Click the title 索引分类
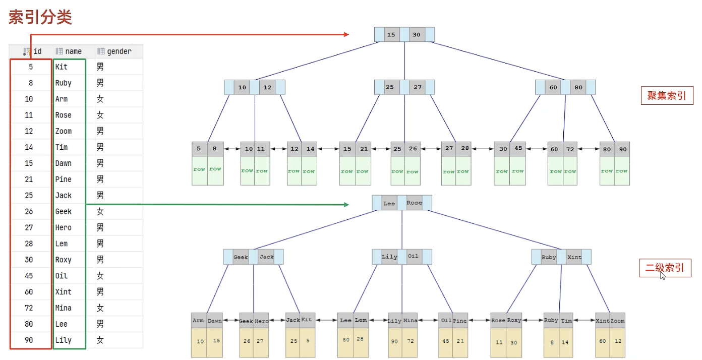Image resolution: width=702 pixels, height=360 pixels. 40,18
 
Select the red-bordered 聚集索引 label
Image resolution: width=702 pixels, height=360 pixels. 667,95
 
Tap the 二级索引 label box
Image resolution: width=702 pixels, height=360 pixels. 665,268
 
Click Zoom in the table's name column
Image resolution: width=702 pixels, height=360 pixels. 64,131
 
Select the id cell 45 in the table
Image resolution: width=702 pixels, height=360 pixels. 29,276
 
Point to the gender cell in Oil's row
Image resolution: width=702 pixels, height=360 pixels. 100,276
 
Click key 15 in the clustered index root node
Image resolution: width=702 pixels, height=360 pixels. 391,35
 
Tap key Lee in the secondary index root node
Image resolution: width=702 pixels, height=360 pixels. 389,203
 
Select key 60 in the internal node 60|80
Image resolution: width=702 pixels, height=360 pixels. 553,87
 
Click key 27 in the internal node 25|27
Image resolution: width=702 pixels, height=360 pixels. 418,87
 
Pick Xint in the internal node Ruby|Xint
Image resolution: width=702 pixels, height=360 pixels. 574,257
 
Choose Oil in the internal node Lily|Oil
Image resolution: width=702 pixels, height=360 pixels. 413,257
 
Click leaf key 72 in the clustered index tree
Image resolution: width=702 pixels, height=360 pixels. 570,149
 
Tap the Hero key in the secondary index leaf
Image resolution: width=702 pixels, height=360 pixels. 261,321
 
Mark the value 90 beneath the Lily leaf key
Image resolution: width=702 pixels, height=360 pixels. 394,341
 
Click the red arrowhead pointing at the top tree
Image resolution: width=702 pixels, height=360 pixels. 346,34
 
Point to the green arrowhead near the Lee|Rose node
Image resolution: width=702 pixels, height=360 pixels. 346,204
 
